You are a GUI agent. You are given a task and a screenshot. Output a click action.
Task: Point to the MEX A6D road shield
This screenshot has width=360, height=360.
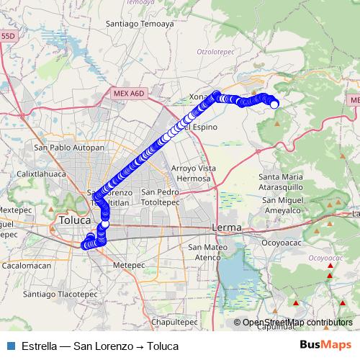129,94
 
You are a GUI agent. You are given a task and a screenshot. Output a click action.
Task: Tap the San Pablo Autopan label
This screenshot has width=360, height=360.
68,147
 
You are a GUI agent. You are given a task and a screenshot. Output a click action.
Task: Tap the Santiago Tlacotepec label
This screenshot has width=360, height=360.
60,294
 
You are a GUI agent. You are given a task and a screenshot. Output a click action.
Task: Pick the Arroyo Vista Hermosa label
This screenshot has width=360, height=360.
194,173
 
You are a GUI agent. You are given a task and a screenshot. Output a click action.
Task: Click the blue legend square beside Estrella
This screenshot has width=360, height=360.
12,346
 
